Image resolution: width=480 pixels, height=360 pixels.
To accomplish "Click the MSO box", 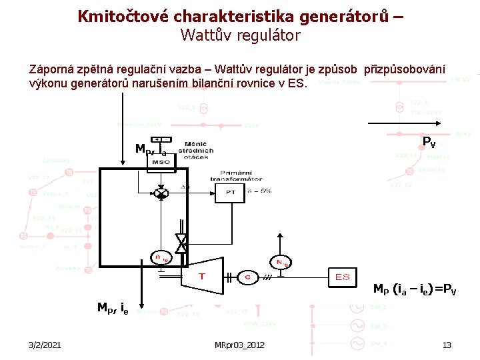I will click(x=161, y=161).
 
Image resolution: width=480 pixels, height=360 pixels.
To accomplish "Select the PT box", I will click(x=231, y=192).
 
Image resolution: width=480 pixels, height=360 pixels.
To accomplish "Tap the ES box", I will click(x=343, y=277).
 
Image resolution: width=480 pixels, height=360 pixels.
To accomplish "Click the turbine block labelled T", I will click(x=202, y=275).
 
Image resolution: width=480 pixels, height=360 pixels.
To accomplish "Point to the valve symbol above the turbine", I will click(x=180, y=243).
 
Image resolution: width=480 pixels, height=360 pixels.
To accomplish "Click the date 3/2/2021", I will click(x=45, y=345).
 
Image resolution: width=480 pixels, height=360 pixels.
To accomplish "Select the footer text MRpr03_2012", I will click(x=239, y=345).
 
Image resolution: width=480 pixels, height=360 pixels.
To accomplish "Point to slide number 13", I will click(x=447, y=345).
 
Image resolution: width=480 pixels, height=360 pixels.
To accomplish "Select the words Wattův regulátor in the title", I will click(x=240, y=35).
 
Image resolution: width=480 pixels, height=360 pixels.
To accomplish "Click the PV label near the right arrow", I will click(x=429, y=141).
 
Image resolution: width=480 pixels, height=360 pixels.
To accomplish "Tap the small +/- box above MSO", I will click(x=161, y=140).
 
